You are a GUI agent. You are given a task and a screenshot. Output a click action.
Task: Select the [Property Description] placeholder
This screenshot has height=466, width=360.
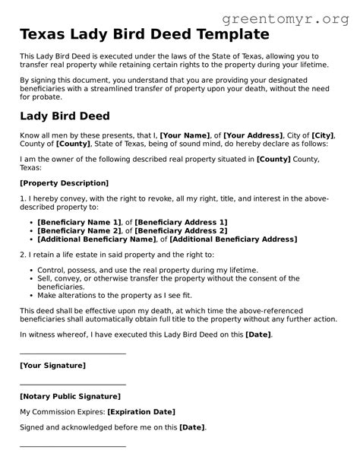coord(64,183)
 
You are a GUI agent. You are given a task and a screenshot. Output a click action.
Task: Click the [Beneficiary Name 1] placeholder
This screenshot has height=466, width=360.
coord(80,221)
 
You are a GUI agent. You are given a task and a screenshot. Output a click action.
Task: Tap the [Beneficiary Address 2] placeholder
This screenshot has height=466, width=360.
coord(181,230)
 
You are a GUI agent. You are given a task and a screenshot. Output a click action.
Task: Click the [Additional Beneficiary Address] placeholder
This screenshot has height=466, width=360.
coord(234,239)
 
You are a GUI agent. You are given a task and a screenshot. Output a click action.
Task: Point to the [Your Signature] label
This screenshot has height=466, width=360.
coord(52,366)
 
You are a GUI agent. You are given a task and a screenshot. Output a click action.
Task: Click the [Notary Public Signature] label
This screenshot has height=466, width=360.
coord(70,396)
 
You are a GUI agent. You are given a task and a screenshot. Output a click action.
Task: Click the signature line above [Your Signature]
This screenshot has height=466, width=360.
coord(72,353)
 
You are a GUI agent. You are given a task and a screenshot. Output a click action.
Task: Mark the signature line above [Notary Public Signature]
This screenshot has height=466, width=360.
coord(72,384)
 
